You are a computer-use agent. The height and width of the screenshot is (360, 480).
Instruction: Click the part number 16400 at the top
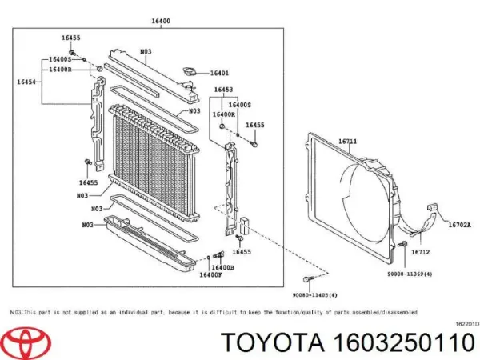(x=160, y=23)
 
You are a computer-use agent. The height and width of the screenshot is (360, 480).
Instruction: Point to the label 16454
(x=26, y=80)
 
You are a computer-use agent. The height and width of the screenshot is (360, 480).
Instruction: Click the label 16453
(x=223, y=90)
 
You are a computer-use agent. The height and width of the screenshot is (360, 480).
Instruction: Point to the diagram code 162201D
(x=466, y=324)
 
